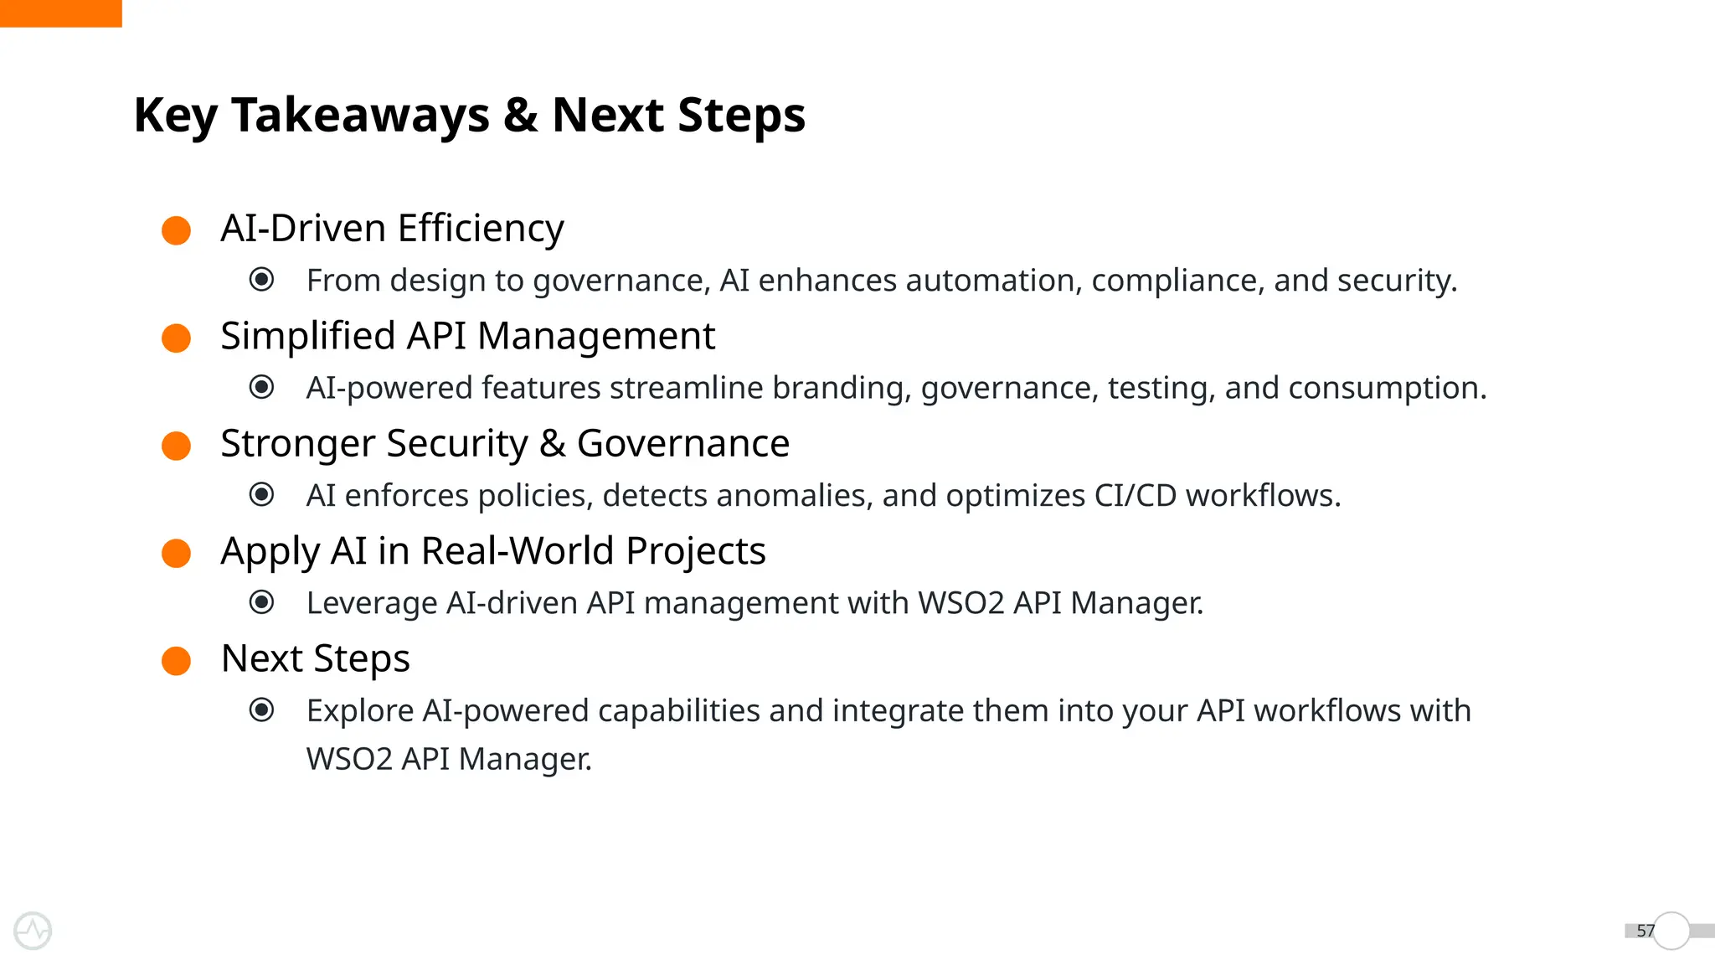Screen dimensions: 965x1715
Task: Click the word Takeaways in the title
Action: coord(360,115)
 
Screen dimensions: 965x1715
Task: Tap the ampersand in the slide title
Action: coord(520,115)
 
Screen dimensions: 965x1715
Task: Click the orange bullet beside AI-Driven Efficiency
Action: coord(176,230)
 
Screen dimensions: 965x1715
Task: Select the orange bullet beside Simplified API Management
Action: coord(176,338)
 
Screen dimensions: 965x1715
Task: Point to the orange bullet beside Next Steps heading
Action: coord(176,660)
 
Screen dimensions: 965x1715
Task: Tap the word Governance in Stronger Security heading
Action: coord(683,443)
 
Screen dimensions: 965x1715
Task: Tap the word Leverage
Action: coord(372,603)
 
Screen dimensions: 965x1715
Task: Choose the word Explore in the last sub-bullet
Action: coord(360,710)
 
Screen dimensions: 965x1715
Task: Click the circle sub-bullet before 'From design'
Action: coord(262,279)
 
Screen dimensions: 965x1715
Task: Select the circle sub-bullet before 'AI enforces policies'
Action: coord(262,494)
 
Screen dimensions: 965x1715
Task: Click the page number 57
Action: coord(1645,931)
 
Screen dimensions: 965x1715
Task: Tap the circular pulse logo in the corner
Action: coord(33,931)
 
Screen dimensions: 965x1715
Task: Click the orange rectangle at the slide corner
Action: coord(60,13)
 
